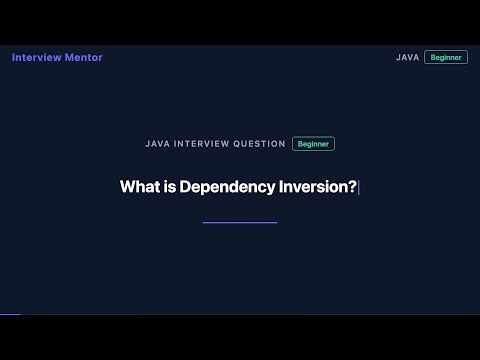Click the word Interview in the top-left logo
(37, 57)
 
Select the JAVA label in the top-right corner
(407, 58)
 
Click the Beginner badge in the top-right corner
(445, 58)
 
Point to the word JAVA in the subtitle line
(157, 144)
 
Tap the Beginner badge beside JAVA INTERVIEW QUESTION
(313, 144)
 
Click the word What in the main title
(136, 187)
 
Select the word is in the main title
(166, 187)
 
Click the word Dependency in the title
(226, 187)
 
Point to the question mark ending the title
(352, 187)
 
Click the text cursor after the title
(358, 187)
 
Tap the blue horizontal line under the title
(240, 222)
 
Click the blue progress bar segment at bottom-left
(10, 314)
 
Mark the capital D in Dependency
(186, 187)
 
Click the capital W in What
(127, 187)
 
